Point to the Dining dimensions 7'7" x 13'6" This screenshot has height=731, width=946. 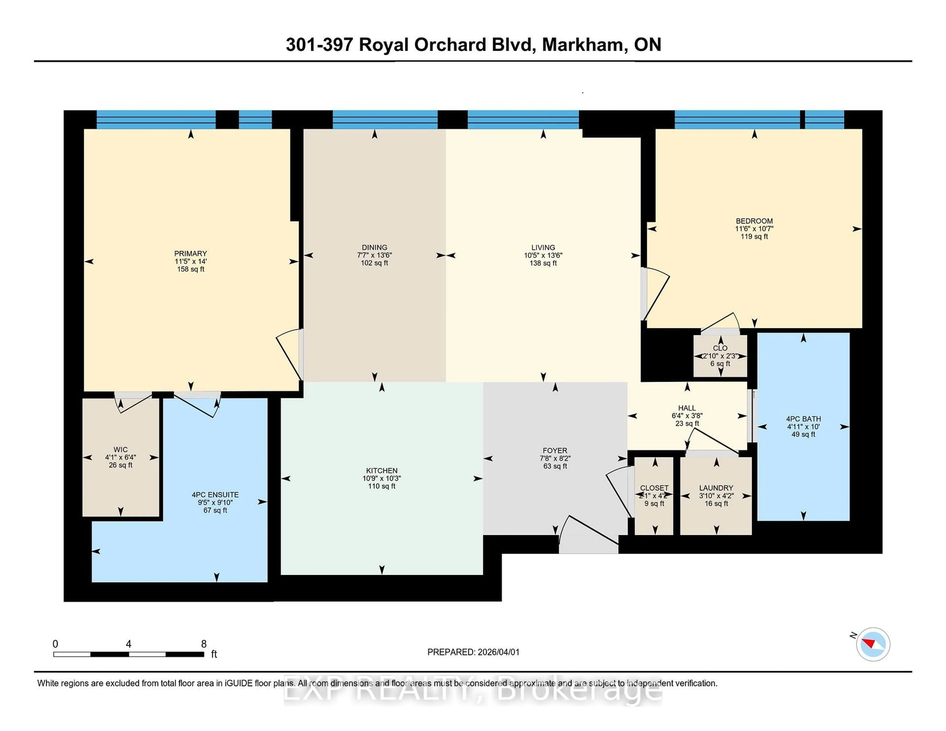[374, 255]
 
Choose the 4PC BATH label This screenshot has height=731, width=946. [803, 419]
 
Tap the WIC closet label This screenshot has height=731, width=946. [120, 449]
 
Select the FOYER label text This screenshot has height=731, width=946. [555, 450]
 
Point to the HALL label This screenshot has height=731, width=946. [687, 408]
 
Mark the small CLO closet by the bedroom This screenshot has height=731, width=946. [720, 348]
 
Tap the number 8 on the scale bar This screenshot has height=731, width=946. [203, 644]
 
